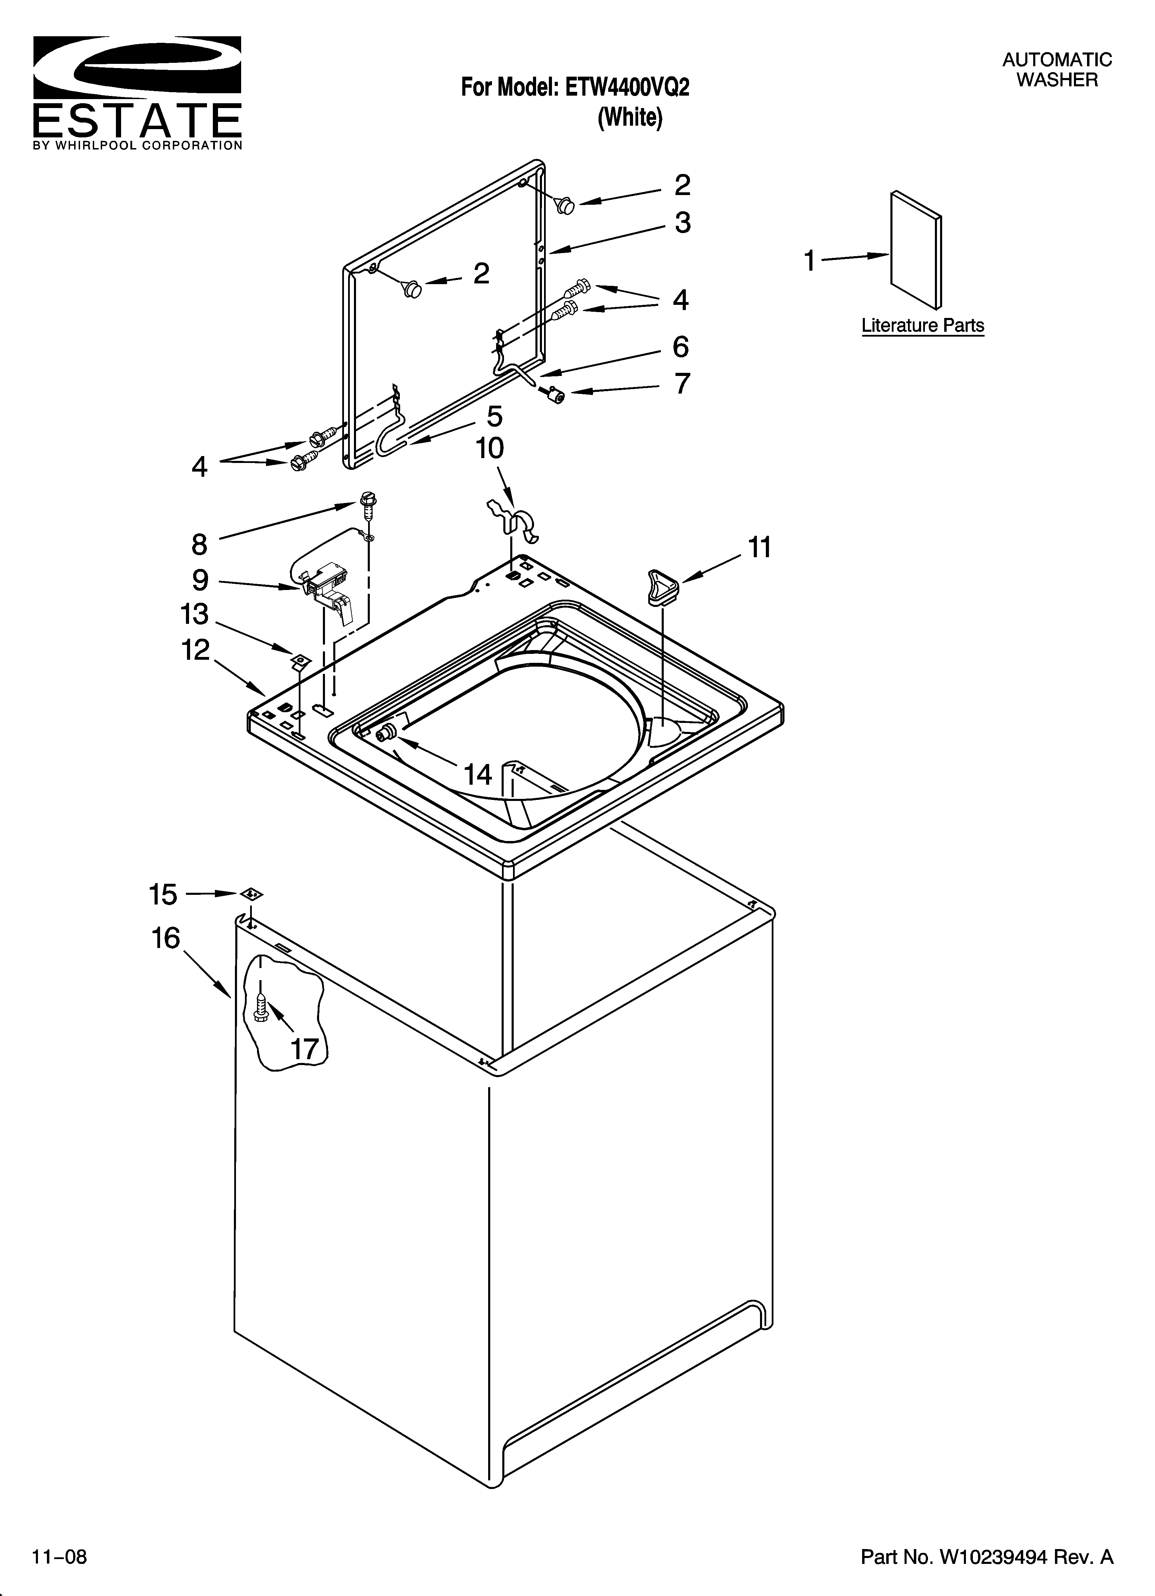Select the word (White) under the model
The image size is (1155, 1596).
pyautogui.click(x=630, y=117)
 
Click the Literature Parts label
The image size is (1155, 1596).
pyautogui.click(x=922, y=326)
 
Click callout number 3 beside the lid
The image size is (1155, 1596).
pyautogui.click(x=682, y=223)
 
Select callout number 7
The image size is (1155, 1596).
pyautogui.click(x=682, y=384)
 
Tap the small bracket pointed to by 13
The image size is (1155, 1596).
pyautogui.click(x=301, y=660)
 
